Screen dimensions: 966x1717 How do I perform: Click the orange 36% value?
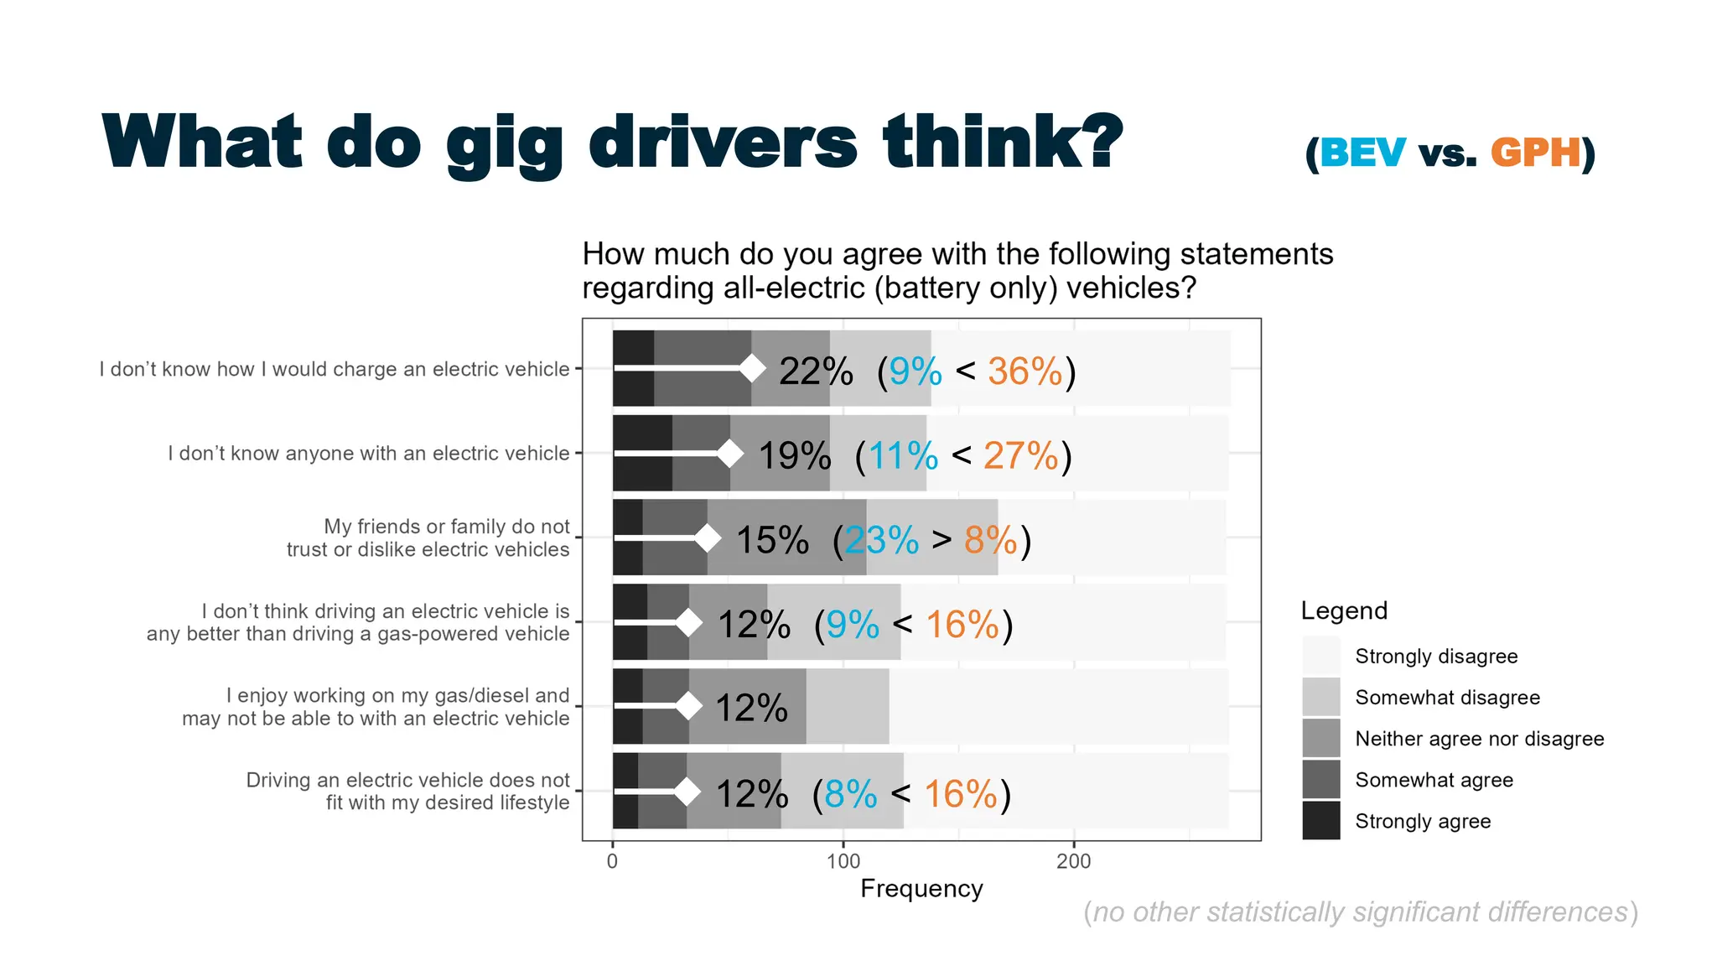coord(1024,371)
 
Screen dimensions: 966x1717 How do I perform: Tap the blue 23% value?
coord(882,540)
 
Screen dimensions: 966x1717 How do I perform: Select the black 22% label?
coord(816,371)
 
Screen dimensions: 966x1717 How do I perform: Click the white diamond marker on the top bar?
coord(752,368)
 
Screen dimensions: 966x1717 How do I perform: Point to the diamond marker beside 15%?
coord(708,538)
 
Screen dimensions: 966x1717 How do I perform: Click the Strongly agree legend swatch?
coord(1321,821)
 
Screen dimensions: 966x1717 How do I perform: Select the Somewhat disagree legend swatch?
coord(1321,697)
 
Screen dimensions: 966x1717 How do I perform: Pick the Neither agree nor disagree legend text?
coord(1479,739)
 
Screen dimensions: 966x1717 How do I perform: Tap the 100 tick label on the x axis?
coord(843,861)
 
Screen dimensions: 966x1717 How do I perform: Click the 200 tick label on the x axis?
coord(1073,861)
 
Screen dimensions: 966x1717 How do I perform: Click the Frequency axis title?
coord(921,889)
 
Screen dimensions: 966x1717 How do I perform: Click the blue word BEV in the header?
coord(1362,153)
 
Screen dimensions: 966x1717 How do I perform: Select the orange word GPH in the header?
coord(1535,153)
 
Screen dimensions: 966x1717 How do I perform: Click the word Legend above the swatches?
coord(1344,610)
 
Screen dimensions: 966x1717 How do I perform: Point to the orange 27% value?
coord(1021,456)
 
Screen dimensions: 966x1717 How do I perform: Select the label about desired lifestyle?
coord(407,791)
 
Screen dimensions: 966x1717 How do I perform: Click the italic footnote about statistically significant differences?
coord(1360,912)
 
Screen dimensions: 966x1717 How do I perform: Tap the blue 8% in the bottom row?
coord(850,794)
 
